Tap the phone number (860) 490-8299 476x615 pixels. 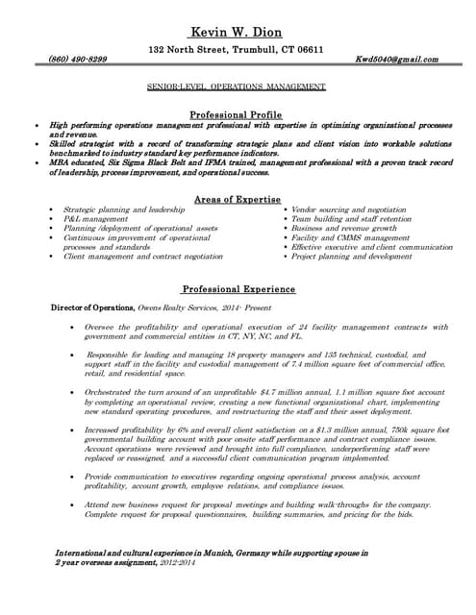click(78, 60)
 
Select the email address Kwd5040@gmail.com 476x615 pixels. click(396, 60)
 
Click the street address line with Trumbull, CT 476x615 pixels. click(237, 48)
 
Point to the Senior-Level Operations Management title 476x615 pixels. click(237, 86)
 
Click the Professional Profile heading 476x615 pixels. click(237, 113)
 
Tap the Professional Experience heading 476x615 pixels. click(238, 289)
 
